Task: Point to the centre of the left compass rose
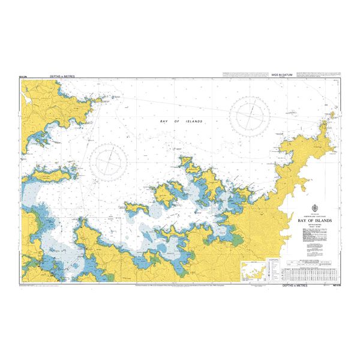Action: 110,161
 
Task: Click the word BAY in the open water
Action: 164,121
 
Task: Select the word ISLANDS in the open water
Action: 194,121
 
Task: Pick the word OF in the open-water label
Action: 178,121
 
